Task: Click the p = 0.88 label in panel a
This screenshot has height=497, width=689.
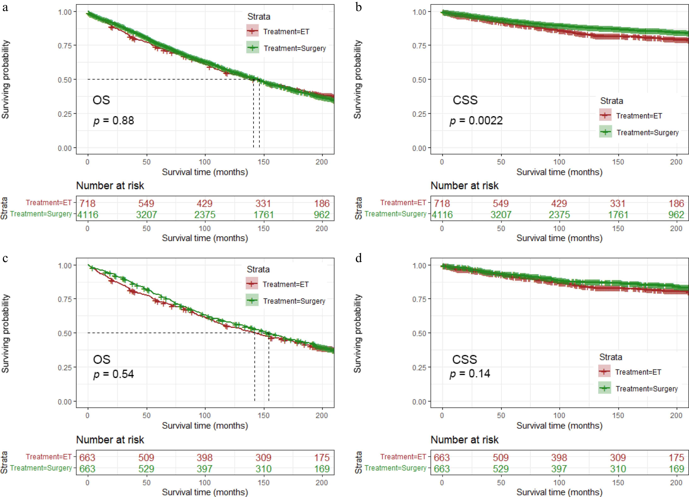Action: coord(113,121)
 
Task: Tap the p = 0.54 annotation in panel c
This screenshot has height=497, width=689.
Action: coord(113,374)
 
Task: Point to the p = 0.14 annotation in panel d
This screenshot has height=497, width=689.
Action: coord(470,373)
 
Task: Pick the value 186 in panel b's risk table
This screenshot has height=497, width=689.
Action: coord(676,203)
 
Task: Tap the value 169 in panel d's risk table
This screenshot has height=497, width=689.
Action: coord(676,469)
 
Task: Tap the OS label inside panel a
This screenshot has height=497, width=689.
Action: coord(101,100)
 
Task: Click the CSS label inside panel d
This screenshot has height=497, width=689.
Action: coord(464,359)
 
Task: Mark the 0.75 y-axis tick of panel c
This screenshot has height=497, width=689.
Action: coord(65,299)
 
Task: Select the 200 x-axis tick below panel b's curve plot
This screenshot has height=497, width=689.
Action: coord(676,162)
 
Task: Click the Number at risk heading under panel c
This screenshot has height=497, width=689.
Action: coord(110,440)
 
